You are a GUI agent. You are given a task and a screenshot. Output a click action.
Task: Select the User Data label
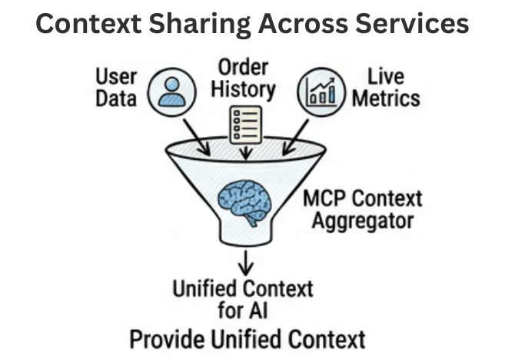[117, 87]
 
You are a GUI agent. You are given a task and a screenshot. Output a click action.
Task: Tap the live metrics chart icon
[321, 90]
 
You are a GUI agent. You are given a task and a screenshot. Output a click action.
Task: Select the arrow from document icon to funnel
[245, 152]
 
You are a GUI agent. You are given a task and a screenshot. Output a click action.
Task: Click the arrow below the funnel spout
[245, 262]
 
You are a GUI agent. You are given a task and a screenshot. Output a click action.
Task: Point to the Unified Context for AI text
[243, 300]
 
